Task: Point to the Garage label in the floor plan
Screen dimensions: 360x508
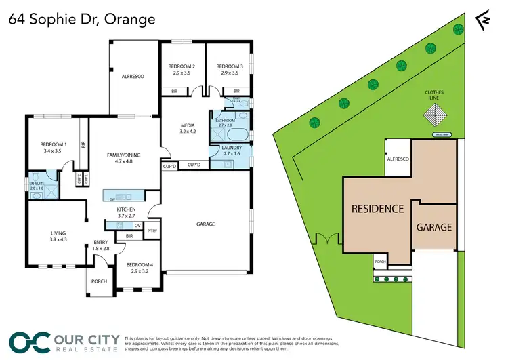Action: click(x=205, y=224)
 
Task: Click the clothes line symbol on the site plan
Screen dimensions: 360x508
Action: click(x=431, y=116)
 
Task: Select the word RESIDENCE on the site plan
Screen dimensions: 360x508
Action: click(x=377, y=208)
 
